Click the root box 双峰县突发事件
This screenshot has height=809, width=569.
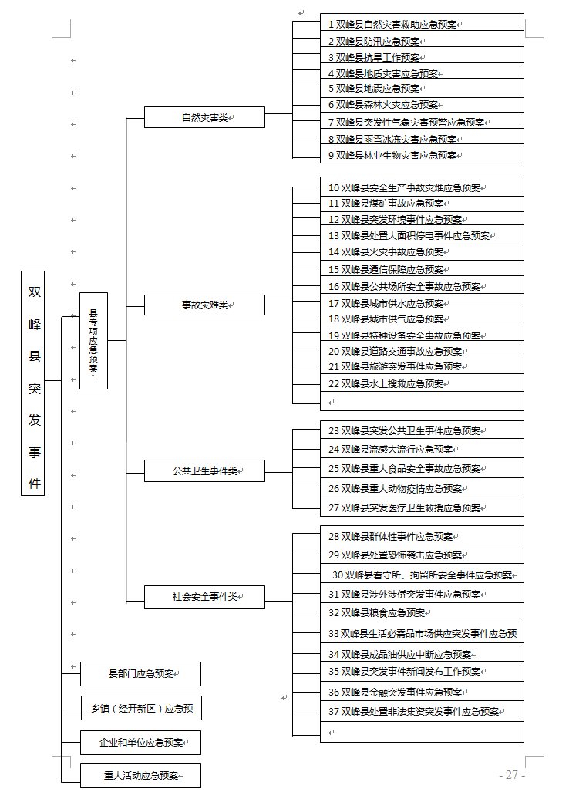(32, 383)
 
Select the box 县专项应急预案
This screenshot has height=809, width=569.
(93, 341)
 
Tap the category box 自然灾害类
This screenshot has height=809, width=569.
(204, 117)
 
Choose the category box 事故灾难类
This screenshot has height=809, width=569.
(204, 305)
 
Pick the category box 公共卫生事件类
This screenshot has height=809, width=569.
(204, 471)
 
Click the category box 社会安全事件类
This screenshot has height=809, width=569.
(204, 597)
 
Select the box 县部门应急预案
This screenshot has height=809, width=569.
(140, 674)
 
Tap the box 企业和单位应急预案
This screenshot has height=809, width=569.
(140, 743)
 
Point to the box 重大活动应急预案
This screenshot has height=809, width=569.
(140, 776)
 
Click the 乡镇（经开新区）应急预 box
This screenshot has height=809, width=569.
(141, 708)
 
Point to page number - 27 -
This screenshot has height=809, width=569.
(512, 775)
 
